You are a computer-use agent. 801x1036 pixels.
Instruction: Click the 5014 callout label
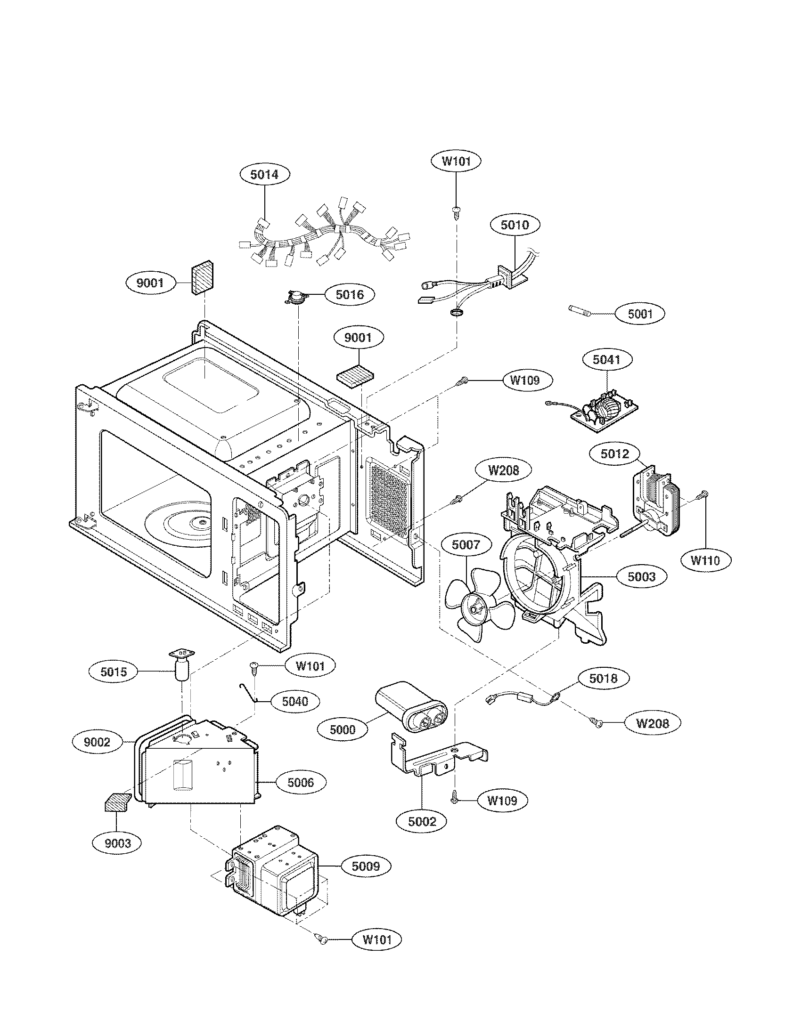tap(264, 174)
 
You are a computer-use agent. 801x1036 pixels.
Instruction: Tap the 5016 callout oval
tap(350, 295)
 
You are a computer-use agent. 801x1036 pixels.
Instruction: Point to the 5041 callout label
tap(606, 360)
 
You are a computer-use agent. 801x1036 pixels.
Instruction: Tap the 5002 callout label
tap(422, 821)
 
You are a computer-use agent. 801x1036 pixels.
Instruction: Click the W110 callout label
tap(705, 560)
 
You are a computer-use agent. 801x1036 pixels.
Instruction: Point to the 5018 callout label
tap(603, 678)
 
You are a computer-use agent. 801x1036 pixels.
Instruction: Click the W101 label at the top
tap(456, 161)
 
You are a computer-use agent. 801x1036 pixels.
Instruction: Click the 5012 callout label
tap(614, 453)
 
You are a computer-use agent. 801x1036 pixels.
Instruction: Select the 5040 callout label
tap(294, 701)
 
